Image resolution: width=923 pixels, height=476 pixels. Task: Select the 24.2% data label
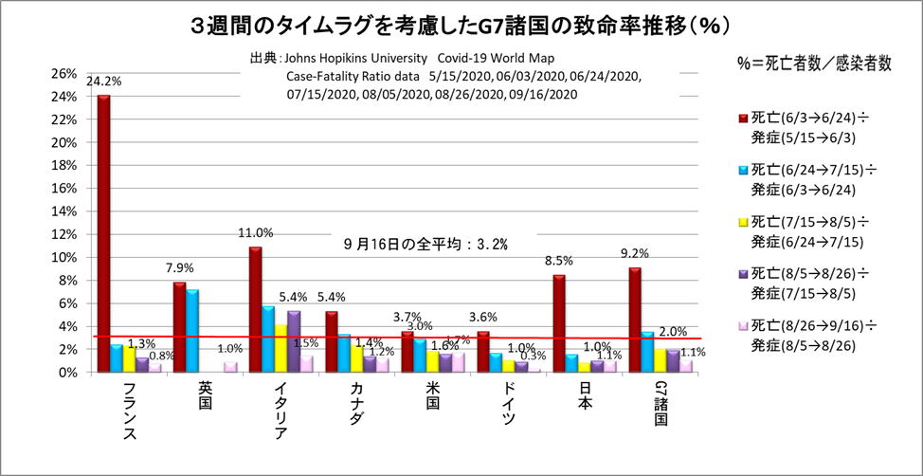pos(103,82)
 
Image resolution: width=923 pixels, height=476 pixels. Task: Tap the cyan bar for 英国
pos(192,331)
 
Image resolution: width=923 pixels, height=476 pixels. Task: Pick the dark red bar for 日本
pos(559,323)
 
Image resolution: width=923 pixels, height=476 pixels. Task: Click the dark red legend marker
pos(744,117)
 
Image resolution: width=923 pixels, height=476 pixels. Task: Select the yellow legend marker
pos(744,223)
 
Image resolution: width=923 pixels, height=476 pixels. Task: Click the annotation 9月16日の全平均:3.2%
pos(425,244)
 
